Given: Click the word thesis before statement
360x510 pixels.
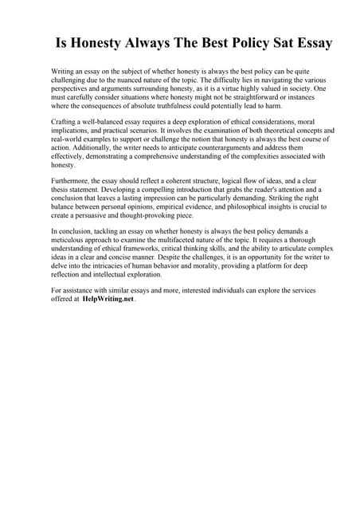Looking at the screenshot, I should click(x=61, y=190).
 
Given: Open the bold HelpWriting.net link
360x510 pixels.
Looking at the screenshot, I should click(x=108, y=299).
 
